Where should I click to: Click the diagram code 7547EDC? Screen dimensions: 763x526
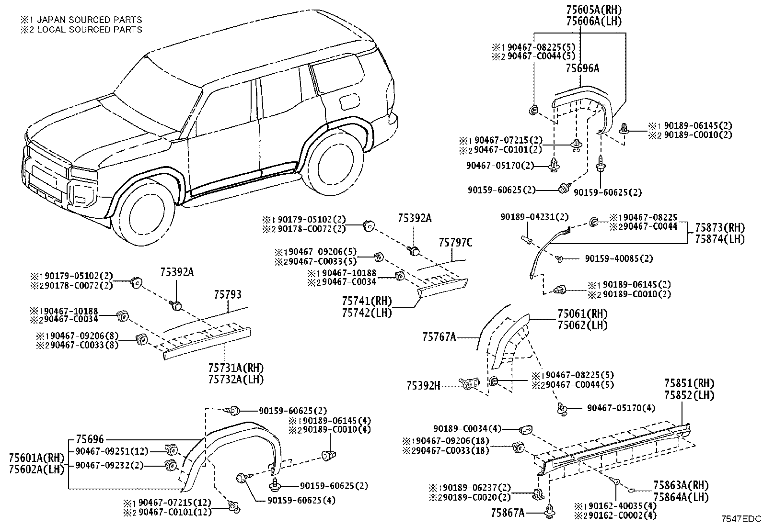point(741,519)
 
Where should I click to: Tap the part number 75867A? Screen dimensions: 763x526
point(508,513)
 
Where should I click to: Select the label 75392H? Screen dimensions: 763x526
point(423,385)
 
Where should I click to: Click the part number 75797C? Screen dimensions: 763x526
point(455,243)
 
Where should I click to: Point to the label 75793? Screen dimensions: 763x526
point(228,294)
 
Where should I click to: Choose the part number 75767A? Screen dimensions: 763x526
point(439,337)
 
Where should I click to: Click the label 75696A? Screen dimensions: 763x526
point(582,68)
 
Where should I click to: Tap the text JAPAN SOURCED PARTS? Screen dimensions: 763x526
point(89,20)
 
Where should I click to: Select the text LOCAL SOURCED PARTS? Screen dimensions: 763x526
point(90,30)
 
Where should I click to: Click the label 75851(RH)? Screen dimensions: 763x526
point(689,383)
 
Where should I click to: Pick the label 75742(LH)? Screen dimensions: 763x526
point(367,313)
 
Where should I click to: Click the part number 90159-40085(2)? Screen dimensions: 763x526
point(619,258)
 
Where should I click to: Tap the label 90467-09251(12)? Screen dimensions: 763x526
point(112,451)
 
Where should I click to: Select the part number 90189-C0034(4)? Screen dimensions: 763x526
point(467,428)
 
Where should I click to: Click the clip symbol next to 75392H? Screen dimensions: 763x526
point(469,384)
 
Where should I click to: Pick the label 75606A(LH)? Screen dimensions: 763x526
point(594,22)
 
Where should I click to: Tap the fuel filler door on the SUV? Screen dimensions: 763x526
point(348,102)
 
